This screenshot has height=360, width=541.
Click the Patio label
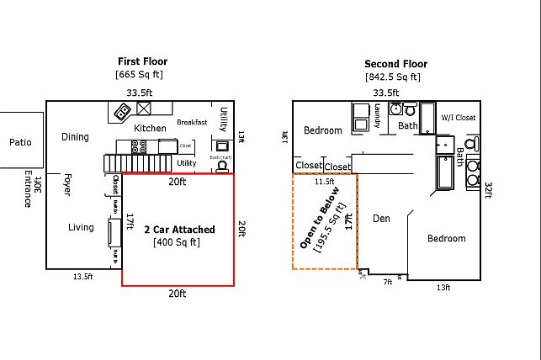coord(20,142)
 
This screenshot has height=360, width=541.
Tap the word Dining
coord(75,137)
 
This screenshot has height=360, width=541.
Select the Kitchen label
coord(150,128)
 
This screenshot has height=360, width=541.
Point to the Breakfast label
coord(192,122)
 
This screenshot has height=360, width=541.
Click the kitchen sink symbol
coord(144,109)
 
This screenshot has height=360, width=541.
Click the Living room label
coord(81,227)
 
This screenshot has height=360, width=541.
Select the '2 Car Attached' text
coord(179,230)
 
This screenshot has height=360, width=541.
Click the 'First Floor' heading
coord(142,61)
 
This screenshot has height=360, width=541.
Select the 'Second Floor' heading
coord(395,64)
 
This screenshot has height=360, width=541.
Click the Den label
coord(381,219)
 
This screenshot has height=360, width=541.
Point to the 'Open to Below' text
coord(321,217)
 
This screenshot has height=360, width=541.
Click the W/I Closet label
coord(459,118)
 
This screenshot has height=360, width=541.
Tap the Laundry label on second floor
coord(379,116)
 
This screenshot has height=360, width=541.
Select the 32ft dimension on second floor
coord(488,191)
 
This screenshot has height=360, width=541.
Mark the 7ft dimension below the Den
coord(388,282)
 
